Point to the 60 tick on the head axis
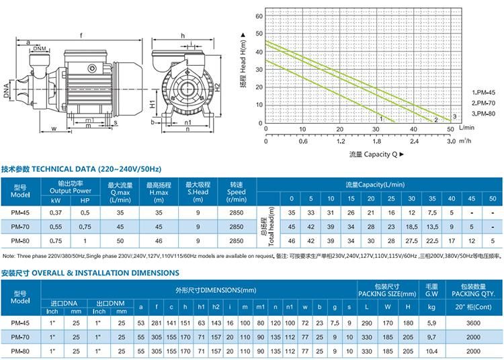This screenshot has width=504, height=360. [258, 15]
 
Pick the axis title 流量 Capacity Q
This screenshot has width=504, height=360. [376, 154]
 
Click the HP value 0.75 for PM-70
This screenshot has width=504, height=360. [85, 226]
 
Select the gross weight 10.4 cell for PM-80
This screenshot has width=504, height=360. [431, 351]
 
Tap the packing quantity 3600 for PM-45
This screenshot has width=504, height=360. [473, 323]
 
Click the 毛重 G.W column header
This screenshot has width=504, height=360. [432, 291]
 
